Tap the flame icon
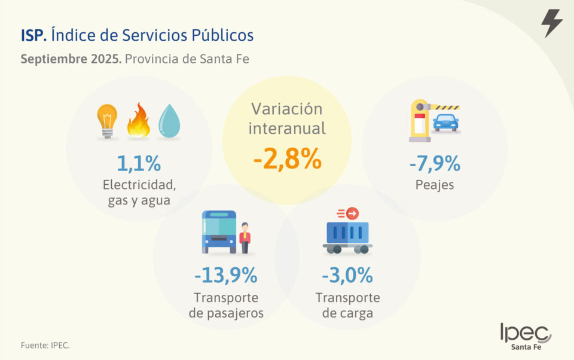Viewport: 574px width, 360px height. coord(138,121)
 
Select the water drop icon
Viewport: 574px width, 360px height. coord(169,121)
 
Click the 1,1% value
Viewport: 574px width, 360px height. coord(139,163)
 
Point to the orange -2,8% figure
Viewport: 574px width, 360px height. coord(287,160)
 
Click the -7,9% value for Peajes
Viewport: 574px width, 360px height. coord(435,163)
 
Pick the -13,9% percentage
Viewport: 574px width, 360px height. coord(225,275)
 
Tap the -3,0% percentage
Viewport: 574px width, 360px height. coord(347,275)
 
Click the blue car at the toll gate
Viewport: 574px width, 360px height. coord(445,123)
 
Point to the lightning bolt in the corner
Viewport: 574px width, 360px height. coord(551,23)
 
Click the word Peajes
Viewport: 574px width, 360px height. coord(435,185)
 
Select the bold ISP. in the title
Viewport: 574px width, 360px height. coord(33,35)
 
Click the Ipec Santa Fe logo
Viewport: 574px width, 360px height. coord(526,337)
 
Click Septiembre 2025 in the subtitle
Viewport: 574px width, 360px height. coord(71,59)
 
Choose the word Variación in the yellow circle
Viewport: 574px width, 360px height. coord(287,109)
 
